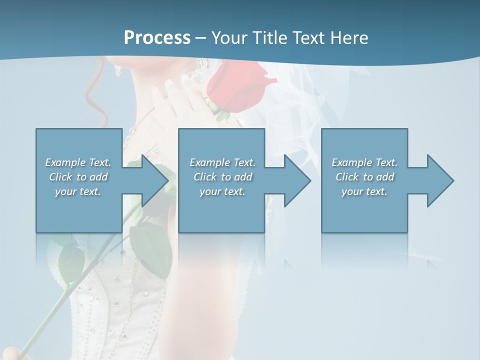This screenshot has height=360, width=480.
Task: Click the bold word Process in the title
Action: point(157,38)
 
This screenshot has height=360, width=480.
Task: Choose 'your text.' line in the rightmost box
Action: point(364,191)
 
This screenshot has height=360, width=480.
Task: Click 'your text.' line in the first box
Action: point(78,191)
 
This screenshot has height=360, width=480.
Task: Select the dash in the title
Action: point(201,38)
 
